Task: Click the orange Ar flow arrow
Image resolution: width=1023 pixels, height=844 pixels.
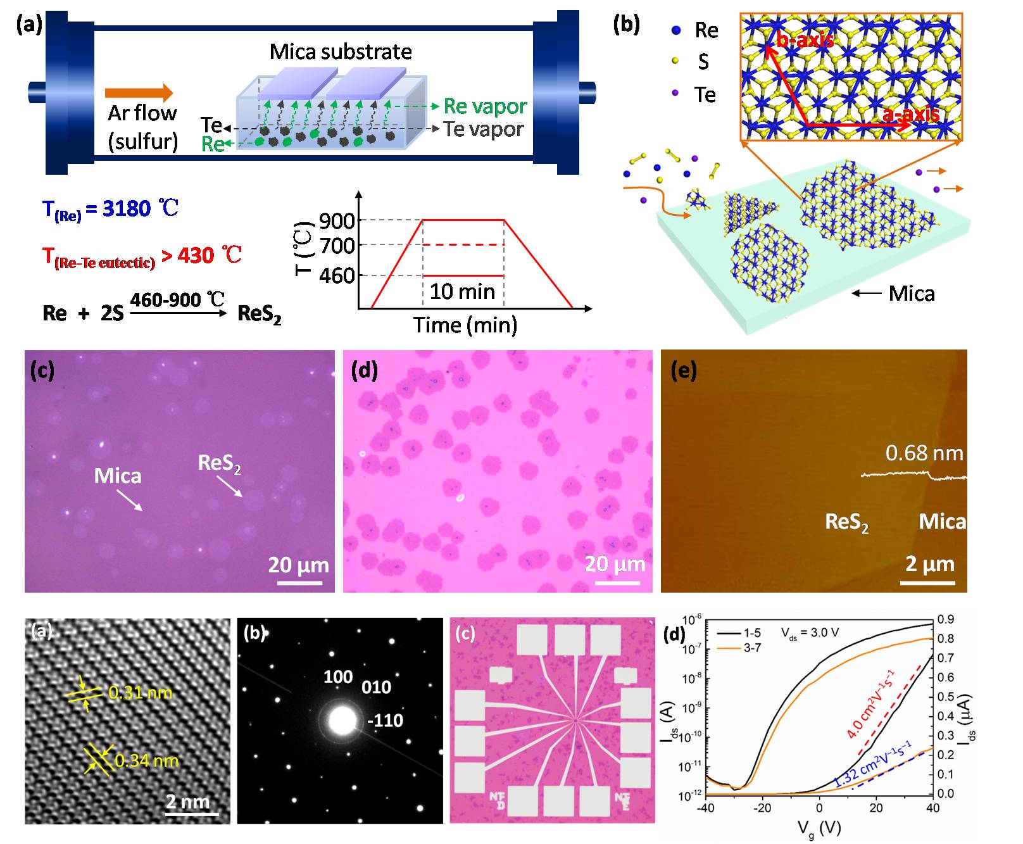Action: [139, 92]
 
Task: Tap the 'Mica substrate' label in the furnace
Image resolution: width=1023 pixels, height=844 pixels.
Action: [341, 51]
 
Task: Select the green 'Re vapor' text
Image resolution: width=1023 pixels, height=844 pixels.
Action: [485, 106]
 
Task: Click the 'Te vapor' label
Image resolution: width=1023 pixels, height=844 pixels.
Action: [484, 129]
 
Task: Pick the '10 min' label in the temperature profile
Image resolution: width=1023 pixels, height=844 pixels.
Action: [462, 292]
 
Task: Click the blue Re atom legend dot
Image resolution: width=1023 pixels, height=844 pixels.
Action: [676, 30]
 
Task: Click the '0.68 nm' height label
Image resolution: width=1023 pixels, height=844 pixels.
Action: [924, 453]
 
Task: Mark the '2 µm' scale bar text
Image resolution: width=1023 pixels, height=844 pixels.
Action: [929, 564]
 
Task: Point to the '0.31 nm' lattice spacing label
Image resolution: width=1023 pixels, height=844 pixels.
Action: [140, 693]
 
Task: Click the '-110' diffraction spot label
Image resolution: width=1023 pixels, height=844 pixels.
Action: [385, 721]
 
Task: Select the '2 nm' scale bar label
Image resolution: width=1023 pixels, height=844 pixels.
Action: [187, 802]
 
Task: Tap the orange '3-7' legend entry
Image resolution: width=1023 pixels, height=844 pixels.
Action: [752, 648]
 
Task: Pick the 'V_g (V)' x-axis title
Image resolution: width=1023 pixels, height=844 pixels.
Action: [820, 827]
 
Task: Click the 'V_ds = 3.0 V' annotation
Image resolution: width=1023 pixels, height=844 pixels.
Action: [810, 633]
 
